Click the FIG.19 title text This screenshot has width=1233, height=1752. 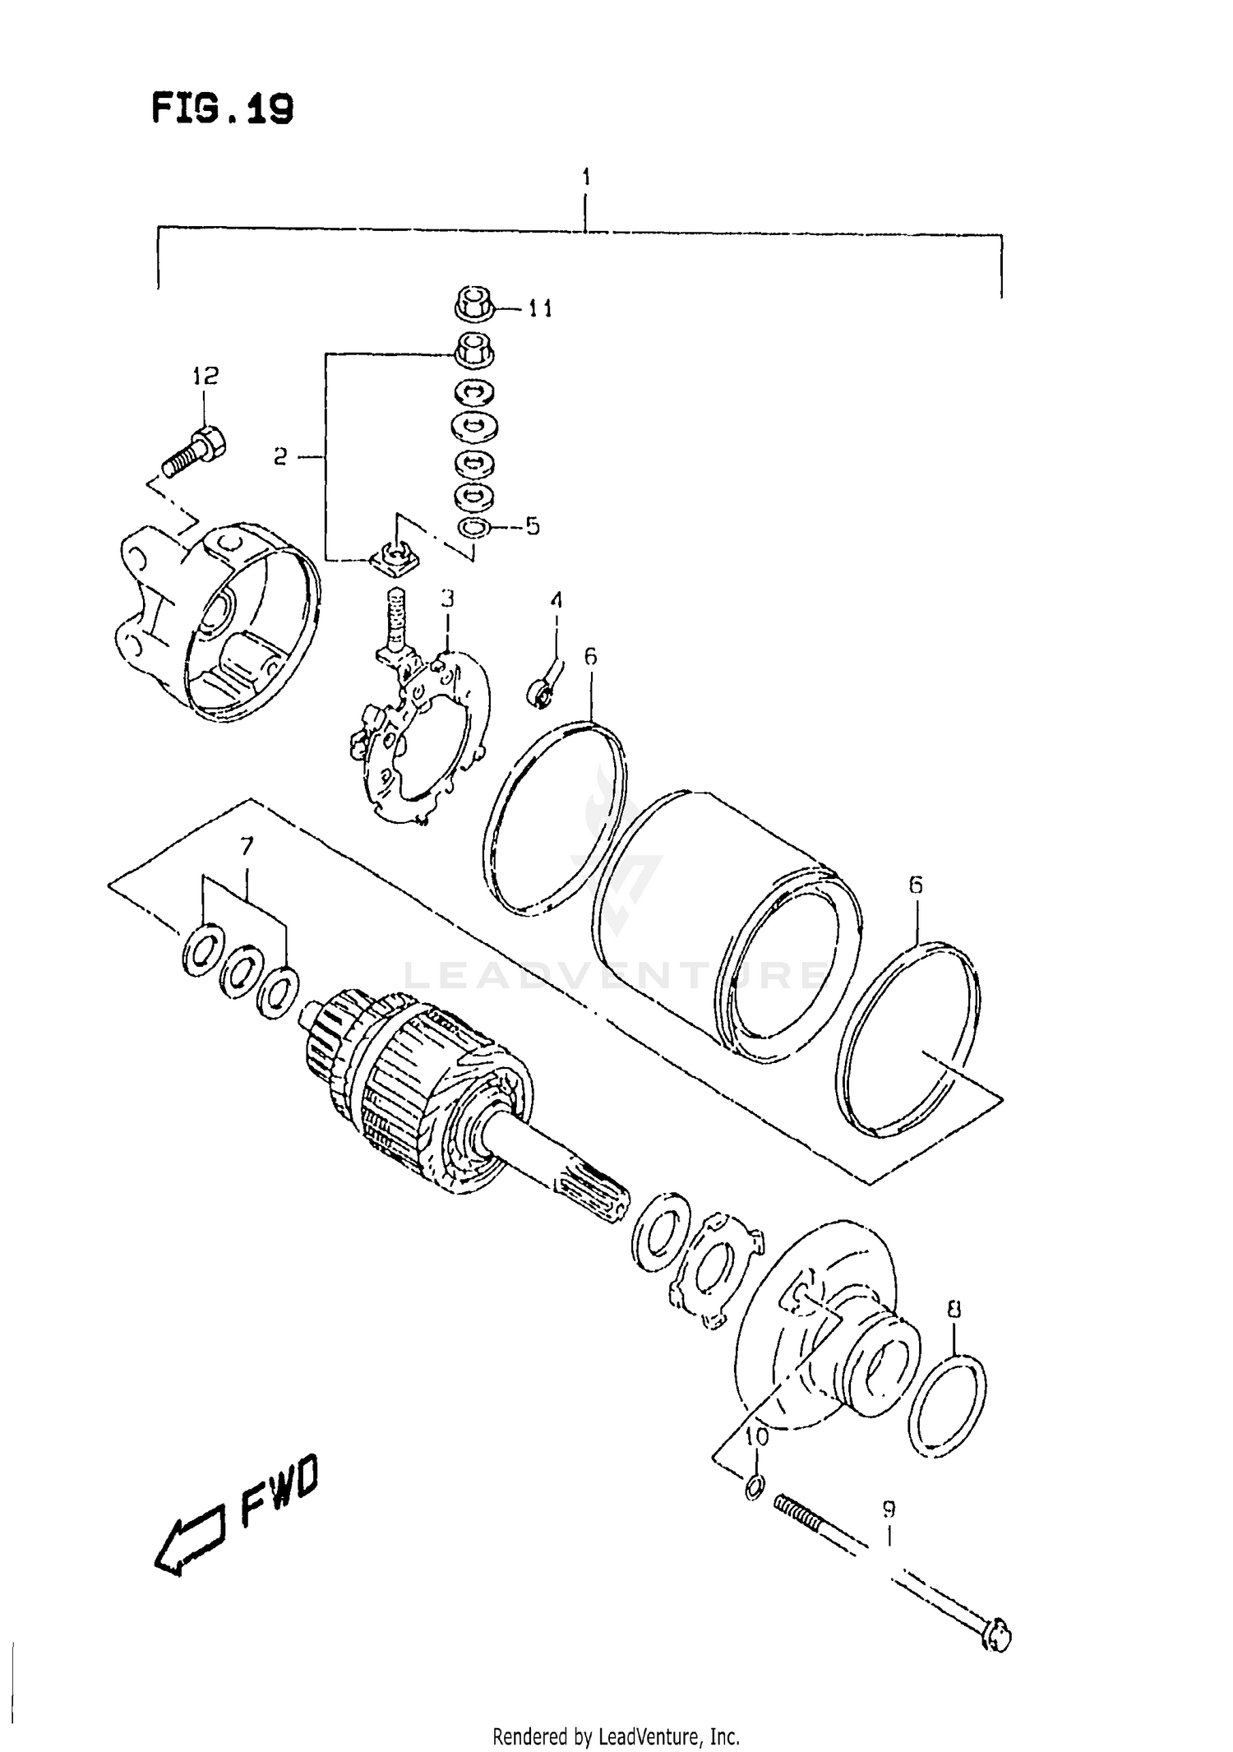(x=223, y=109)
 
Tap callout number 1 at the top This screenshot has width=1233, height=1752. (x=585, y=177)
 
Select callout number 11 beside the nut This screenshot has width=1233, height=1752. (x=540, y=309)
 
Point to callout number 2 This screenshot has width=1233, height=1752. (x=281, y=456)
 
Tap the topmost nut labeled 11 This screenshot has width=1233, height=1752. (x=473, y=303)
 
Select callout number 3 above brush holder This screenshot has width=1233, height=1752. (x=446, y=599)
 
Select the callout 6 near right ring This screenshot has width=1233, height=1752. (x=915, y=885)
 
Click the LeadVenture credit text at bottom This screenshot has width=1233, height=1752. (x=616, y=1737)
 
